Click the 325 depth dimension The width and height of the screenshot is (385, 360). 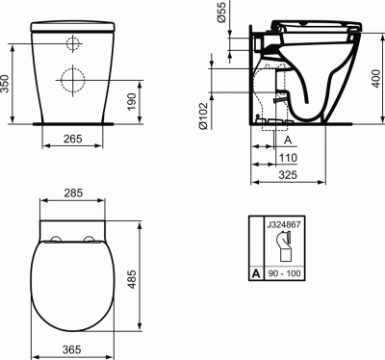[287, 176]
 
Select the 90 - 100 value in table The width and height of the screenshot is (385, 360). [281, 274]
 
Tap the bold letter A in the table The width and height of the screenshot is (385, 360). [256, 274]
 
